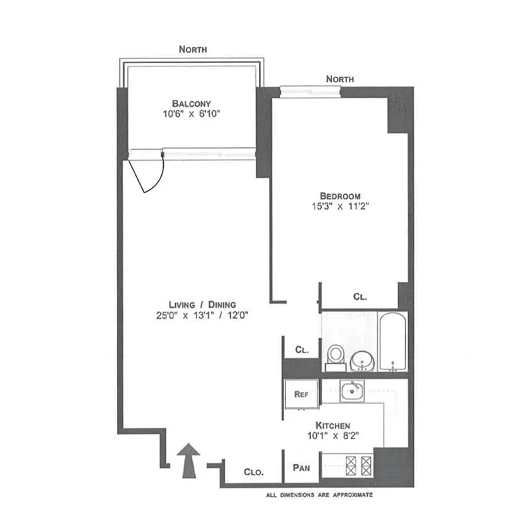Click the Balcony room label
[191, 103]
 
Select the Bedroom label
[340, 196]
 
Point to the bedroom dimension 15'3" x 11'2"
[340, 207]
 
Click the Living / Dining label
[202, 305]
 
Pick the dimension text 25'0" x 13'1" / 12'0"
[202, 315]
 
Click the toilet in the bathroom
[335, 356]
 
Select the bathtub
[392, 342]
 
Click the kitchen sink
[352, 390]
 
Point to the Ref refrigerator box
[301, 394]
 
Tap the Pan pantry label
[301, 468]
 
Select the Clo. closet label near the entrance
[253, 472]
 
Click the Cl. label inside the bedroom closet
[360, 297]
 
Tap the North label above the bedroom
[340, 79]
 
